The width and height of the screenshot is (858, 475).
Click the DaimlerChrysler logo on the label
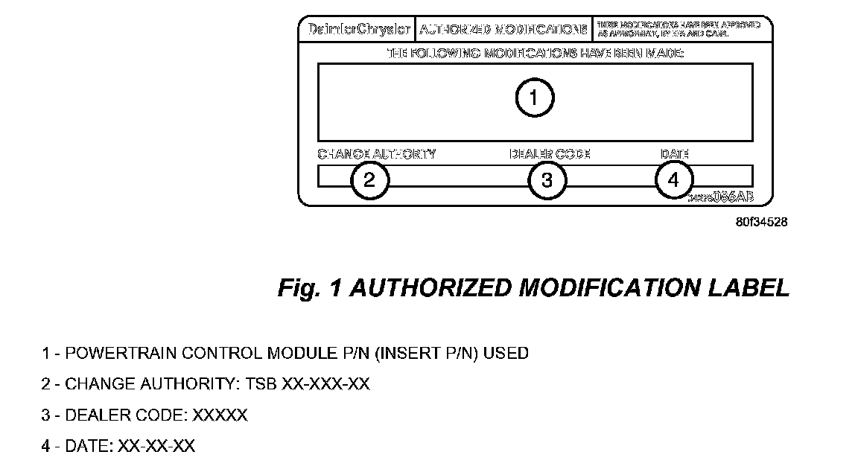[355, 30]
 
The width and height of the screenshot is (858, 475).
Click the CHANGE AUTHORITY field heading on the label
[377, 154]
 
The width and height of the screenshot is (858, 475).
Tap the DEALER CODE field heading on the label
[550, 154]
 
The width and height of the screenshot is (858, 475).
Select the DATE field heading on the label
[674, 154]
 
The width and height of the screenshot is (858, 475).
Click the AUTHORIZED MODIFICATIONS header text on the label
[503, 30]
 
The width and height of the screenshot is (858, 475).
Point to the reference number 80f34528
[761, 222]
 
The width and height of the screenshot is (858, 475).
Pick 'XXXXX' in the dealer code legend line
[220, 415]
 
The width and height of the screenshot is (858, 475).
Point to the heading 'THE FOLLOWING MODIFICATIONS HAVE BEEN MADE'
[535, 54]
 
